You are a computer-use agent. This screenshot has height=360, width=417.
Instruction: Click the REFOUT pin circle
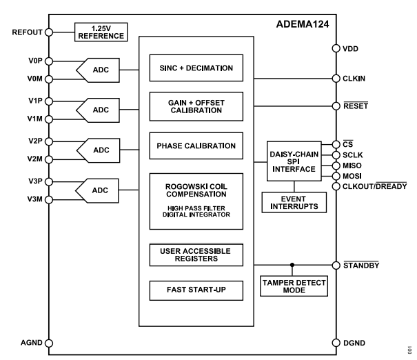[x=50, y=31]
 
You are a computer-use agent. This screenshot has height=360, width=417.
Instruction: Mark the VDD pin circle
[x=336, y=49]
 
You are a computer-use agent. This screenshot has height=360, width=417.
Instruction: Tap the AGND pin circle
[x=50, y=342]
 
